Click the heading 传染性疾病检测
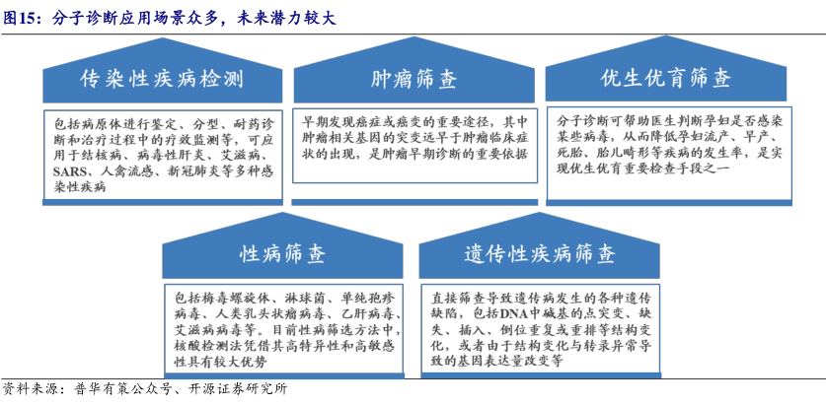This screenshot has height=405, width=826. click(x=162, y=80)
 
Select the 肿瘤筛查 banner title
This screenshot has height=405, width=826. click(x=413, y=80)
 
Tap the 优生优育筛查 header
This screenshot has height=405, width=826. click(x=666, y=79)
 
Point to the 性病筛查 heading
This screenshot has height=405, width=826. click(x=283, y=254)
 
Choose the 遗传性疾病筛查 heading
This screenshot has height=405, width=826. click(x=540, y=254)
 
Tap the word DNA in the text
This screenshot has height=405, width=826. click(x=513, y=315)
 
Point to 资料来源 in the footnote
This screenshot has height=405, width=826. click(x=27, y=390)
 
